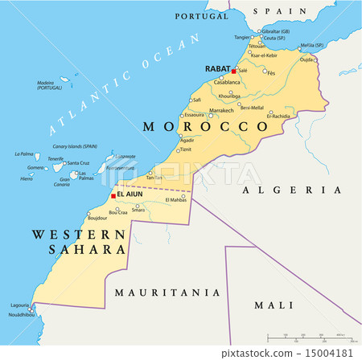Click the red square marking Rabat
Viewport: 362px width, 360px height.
(x=234, y=71)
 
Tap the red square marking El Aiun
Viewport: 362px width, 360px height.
(x=112, y=195)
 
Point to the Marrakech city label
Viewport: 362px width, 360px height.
(x=220, y=110)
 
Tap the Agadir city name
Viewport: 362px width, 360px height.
(x=187, y=141)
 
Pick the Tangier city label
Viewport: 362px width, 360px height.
(x=241, y=36)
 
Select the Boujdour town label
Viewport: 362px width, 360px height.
(x=97, y=218)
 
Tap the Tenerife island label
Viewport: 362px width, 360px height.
(x=56, y=158)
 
